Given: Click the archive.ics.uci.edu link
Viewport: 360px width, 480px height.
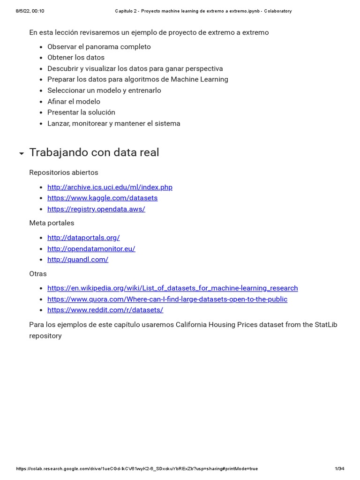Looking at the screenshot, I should [110, 187].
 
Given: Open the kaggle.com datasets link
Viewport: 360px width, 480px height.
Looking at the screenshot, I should [102, 198].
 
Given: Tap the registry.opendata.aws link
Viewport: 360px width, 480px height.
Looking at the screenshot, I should [96, 209].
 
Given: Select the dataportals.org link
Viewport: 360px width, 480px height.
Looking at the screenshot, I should [83, 238].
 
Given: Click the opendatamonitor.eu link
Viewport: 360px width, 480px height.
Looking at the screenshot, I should [91, 249].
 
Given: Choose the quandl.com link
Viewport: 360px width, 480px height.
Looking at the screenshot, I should [78, 260].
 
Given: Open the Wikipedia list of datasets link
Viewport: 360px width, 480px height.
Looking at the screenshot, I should [172, 288].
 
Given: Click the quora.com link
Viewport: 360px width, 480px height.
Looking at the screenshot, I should [167, 299].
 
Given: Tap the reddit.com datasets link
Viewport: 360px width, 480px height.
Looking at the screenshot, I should [105, 310].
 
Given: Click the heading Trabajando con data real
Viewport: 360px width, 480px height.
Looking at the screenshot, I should [94, 152].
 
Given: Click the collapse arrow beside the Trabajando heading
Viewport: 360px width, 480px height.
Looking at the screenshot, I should [22, 154].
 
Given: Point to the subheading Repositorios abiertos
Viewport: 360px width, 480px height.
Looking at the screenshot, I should [64, 172].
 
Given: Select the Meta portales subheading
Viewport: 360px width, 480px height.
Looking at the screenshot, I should [52, 223].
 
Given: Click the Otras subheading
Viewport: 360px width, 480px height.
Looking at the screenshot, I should [38, 274].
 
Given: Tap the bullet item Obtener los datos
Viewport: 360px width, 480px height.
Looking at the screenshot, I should [76, 58].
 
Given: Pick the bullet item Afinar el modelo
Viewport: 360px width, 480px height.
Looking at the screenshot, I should [74, 101].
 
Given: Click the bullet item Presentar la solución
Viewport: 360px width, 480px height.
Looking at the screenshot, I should [81, 112].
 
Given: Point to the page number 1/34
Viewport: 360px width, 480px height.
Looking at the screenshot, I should [339, 469].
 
